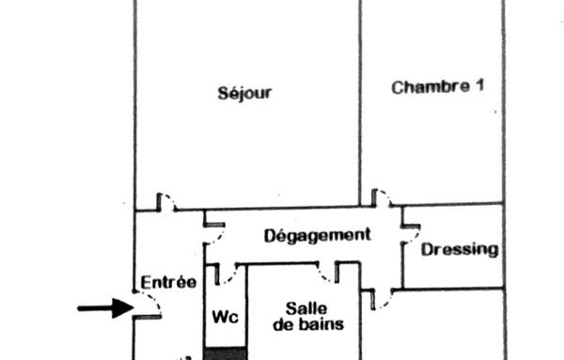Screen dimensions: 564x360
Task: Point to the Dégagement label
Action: (x=317, y=234)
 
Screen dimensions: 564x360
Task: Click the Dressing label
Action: (x=459, y=249)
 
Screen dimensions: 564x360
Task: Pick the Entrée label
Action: (x=168, y=281)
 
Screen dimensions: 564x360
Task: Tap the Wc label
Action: (x=227, y=317)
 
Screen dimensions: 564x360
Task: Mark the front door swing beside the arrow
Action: (x=148, y=304)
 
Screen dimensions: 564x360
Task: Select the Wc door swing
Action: (x=225, y=274)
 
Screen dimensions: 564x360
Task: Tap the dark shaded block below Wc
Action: (x=226, y=353)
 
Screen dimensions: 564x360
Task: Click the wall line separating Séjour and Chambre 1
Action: (x=360, y=103)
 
